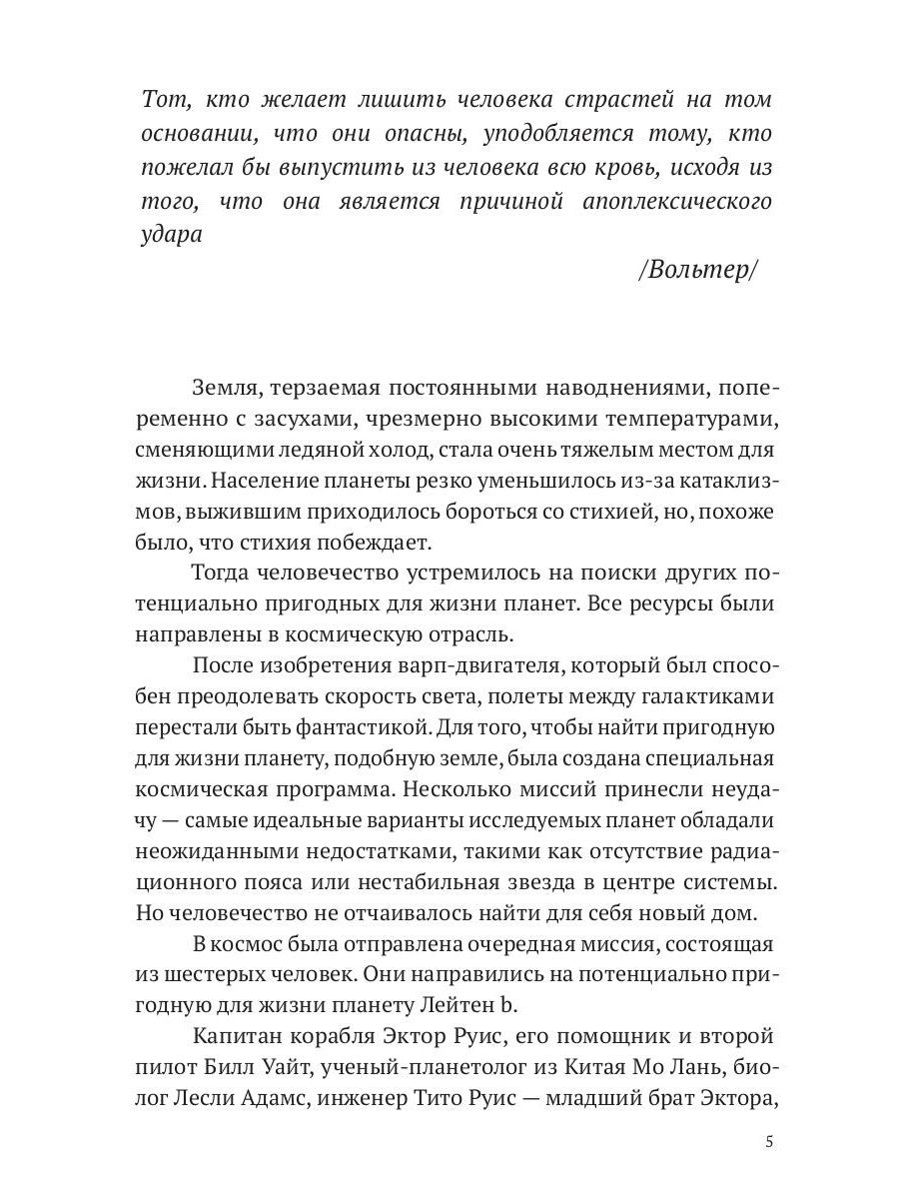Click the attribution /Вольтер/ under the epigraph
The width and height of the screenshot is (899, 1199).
[697, 272]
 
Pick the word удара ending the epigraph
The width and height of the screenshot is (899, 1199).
[174, 235]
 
